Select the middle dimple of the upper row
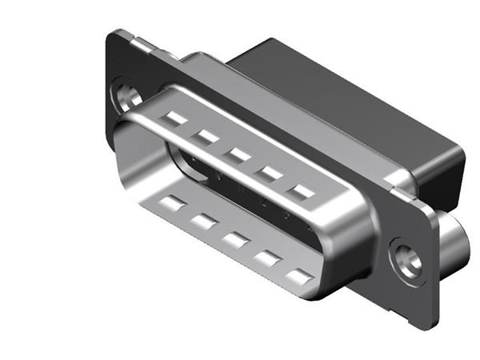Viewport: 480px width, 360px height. coord(238,154)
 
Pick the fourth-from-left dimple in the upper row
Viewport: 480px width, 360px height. coord(270,172)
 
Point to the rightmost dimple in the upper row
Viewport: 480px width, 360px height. coord(302,191)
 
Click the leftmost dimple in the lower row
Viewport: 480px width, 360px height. coord(174,202)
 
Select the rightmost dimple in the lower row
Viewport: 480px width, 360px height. coord(298,278)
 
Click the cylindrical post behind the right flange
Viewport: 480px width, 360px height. coord(454,240)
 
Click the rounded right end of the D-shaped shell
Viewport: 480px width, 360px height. coord(352,256)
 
